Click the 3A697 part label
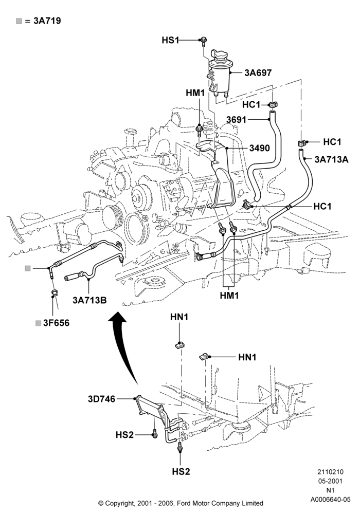pos(258,73)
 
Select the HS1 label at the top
pos(171,40)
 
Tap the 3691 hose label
pos(236,120)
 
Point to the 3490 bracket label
pos(259,148)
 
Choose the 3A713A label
pos(332,159)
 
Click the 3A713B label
pos(90,300)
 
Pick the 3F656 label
pos(57,323)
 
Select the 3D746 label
pos(102,399)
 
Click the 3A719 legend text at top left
pos(47,21)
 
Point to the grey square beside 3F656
pos(39,323)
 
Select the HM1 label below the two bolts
pos(229,296)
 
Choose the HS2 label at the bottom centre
pos(181,472)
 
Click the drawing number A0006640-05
pos(331,500)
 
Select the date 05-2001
pos(331,481)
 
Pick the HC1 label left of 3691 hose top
pos(251,105)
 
